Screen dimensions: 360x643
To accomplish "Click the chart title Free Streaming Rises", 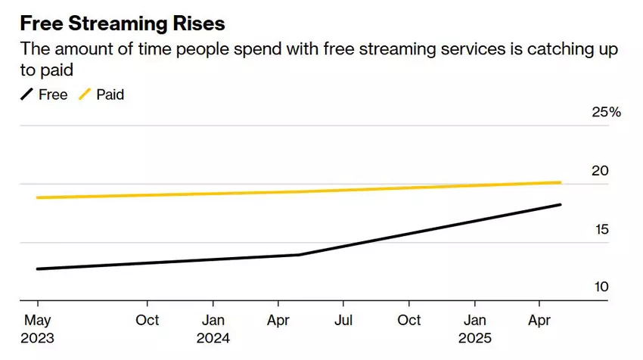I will point(122,23).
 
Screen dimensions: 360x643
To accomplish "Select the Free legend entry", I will point(53,95).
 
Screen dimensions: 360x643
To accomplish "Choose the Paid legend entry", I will point(110,95).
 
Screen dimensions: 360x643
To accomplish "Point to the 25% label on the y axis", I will point(606,113).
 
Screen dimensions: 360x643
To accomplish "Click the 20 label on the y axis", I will point(600,171).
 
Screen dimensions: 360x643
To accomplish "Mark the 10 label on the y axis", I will point(600,288).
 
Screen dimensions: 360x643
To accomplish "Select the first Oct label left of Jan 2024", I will point(148,320).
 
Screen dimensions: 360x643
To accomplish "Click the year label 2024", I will point(213,338).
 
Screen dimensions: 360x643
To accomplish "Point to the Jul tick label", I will point(344,320).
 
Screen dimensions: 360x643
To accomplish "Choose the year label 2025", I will point(474,338).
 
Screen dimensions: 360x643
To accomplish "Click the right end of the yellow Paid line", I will point(560,182).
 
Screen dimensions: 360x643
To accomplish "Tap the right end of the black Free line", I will point(560,204).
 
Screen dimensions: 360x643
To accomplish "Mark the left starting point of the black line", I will point(36,268).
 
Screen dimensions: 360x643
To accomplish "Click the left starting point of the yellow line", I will point(36,197).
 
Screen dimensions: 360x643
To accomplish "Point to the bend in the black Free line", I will point(300,255).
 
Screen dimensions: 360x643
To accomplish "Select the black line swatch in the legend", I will point(26,95).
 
